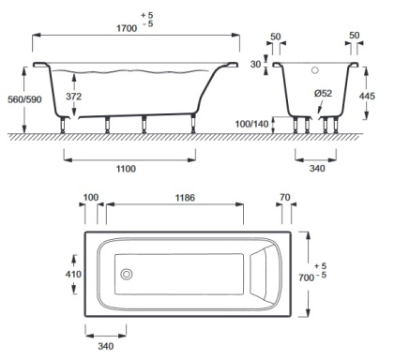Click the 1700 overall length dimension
tap(127, 28)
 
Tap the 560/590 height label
tap(24, 99)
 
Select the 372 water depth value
tap(74, 97)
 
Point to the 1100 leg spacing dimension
tap(126, 169)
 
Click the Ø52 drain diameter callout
tap(323, 93)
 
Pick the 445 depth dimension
tap(367, 96)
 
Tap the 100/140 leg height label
tap(251, 124)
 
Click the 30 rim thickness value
tap(255, 65)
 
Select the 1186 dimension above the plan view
tap(185, 198)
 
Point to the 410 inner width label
tap(73, 275)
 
